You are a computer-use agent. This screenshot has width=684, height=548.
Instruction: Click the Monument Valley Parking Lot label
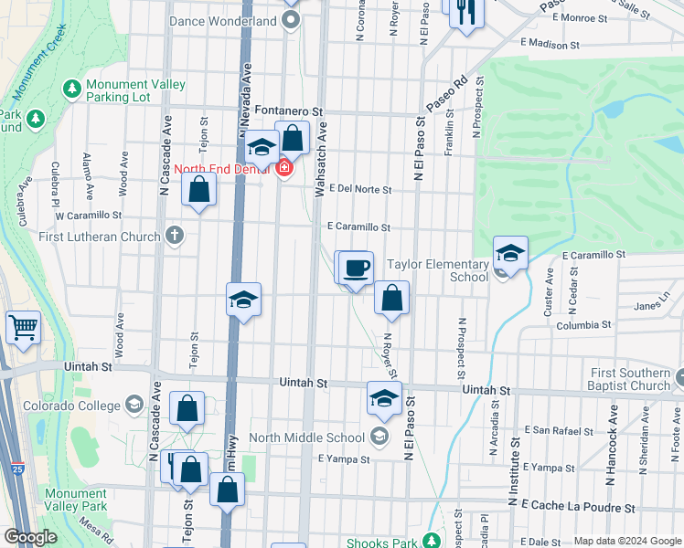pos(135,91)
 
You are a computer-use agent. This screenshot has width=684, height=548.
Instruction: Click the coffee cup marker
pos(356,268)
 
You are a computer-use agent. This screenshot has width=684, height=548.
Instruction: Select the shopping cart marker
pos(24,326)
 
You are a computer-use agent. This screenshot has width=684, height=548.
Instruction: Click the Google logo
pos(30,537)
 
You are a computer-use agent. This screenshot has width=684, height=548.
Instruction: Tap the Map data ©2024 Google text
pos(626,541)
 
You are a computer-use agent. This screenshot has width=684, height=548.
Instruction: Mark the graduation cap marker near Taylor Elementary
pos(510,253)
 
